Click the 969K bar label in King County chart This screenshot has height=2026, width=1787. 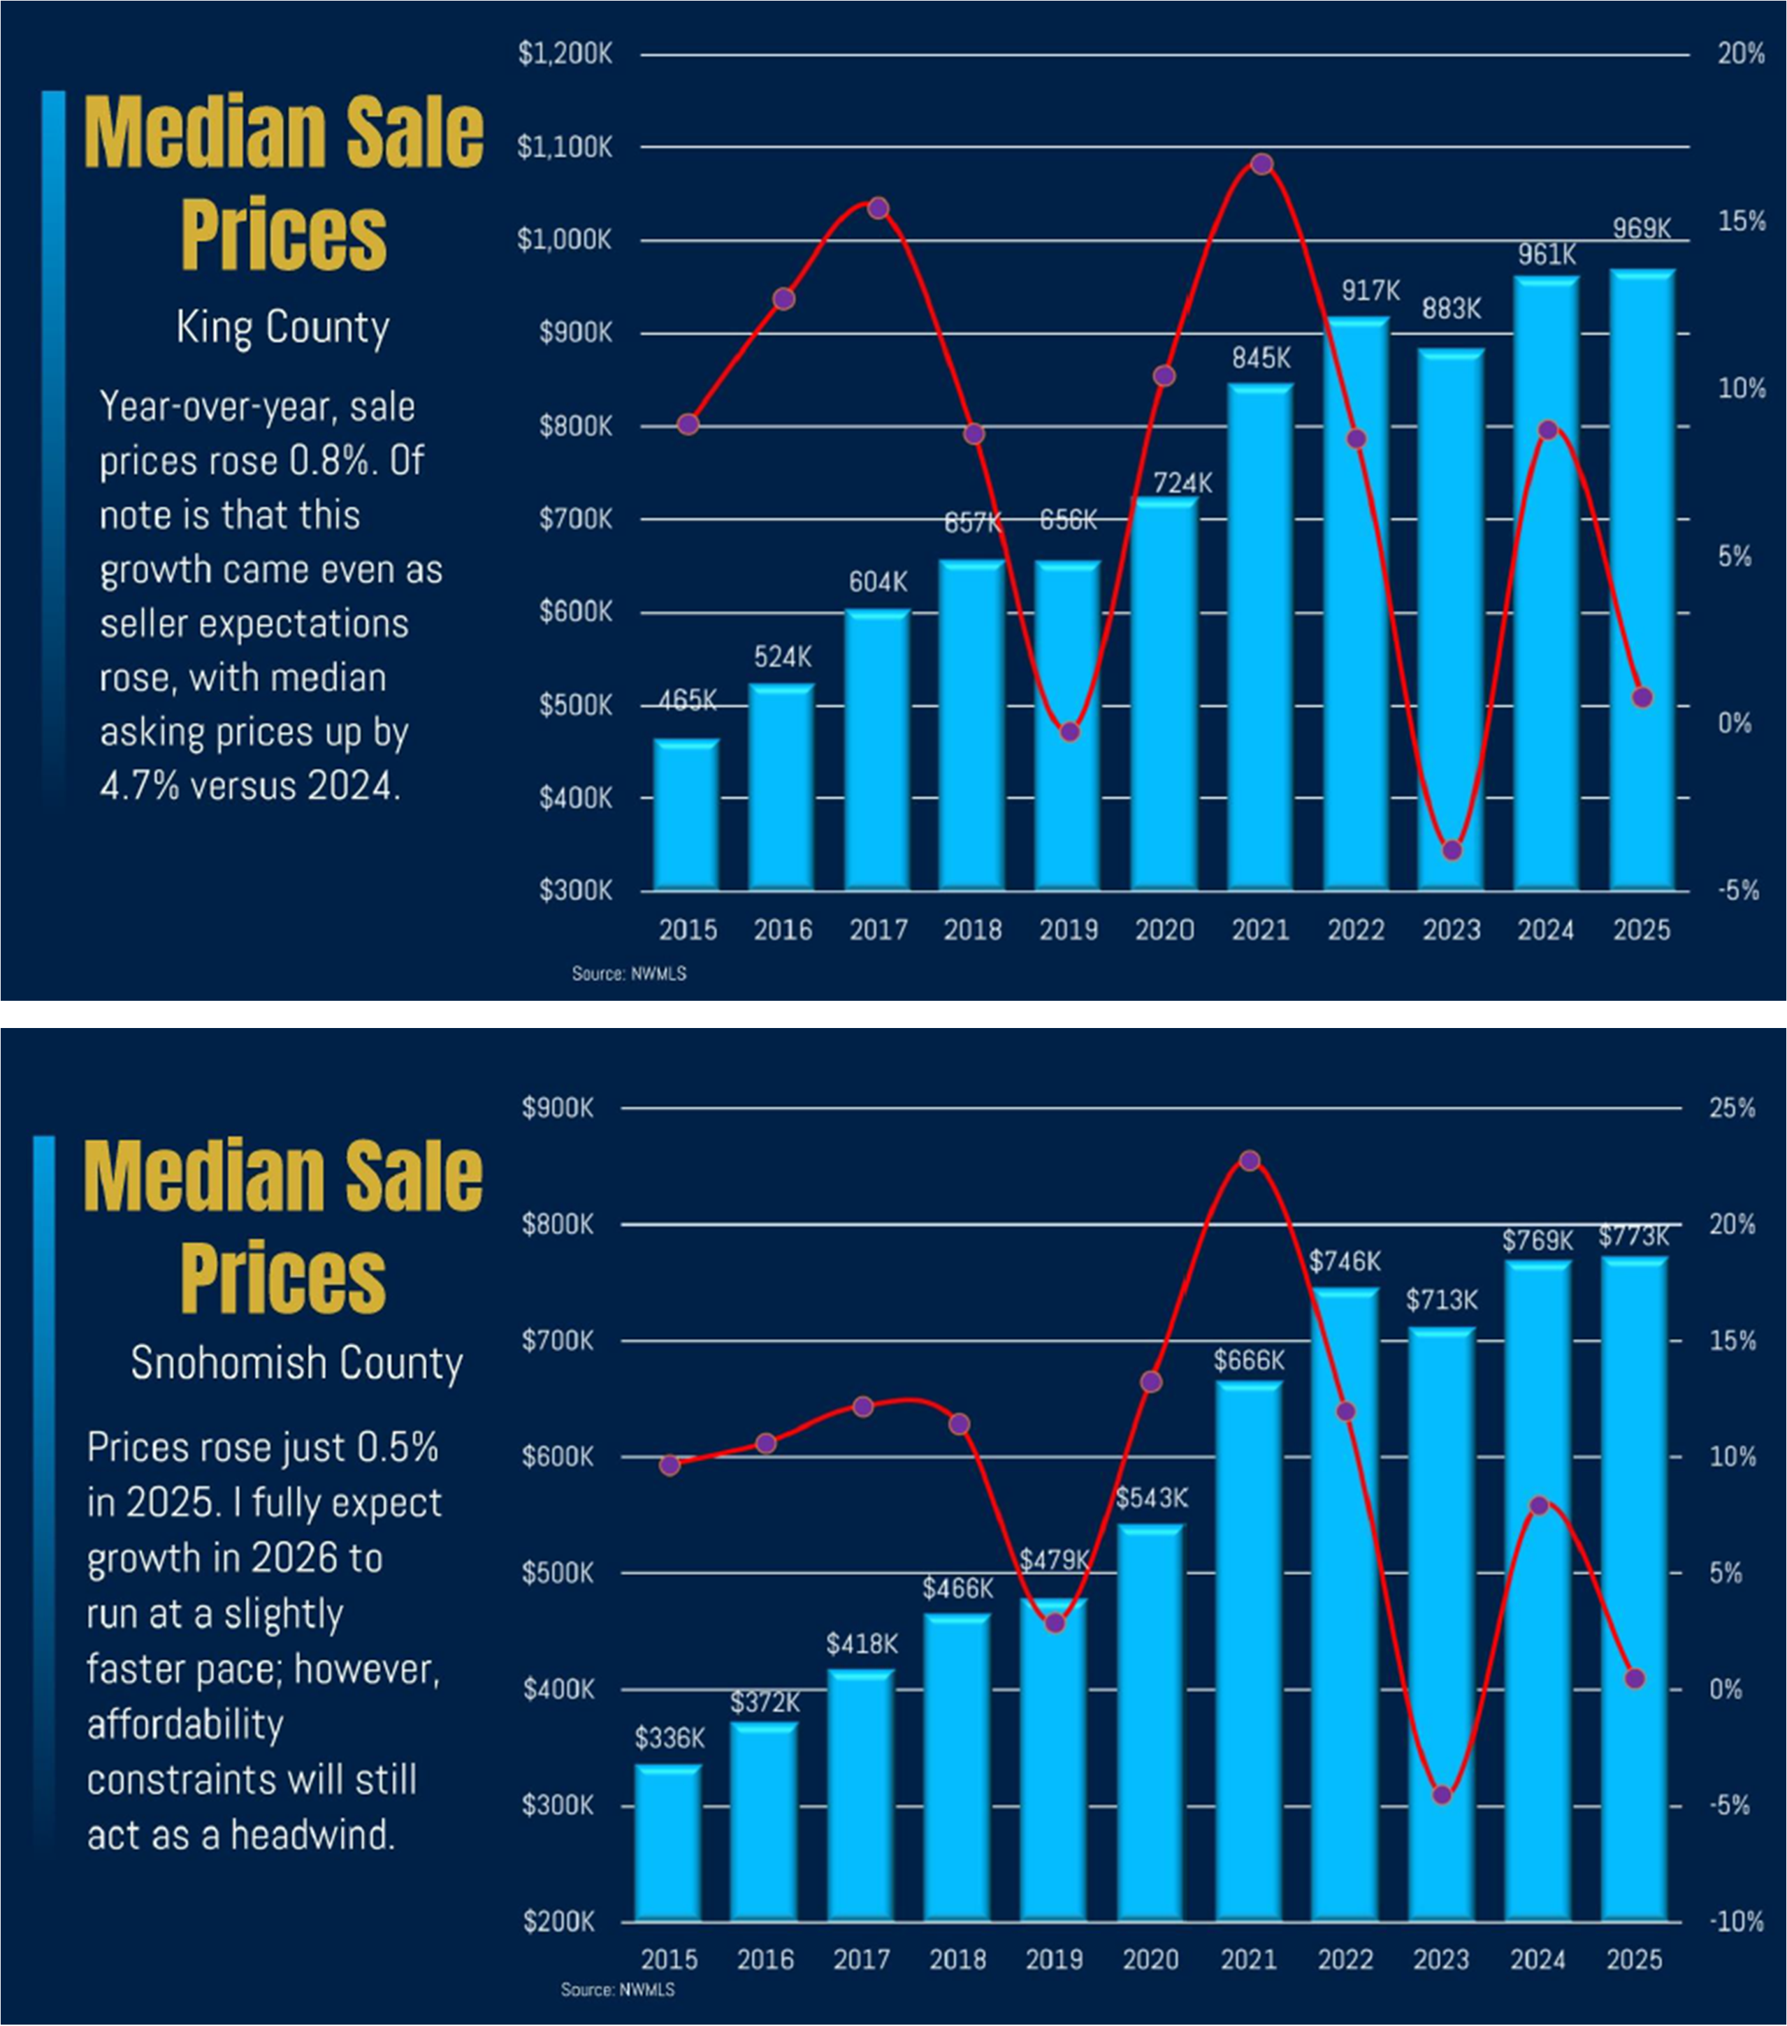(x=1641, y=229)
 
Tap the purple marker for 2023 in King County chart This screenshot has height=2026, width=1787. (x=1452, y=849)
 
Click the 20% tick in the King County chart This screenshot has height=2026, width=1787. (x=1740, y=54)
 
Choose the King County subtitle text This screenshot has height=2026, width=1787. (x=282, y=327)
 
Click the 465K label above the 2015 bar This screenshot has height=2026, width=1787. (x=687, y=700)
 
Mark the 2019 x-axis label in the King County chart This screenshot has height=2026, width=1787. (x=1068, y=930)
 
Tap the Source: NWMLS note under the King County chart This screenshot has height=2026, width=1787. (x=629, y=974)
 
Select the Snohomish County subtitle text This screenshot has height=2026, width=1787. (x=296, y=1363)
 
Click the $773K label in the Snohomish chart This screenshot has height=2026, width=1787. (x=1633, y=1236)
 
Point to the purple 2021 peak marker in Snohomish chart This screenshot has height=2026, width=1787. (x=1250, y=1161)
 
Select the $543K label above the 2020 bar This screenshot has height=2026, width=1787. (x=1151, y=1498)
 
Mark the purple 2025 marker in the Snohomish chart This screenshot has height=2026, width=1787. (x=1635, y=1678)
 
